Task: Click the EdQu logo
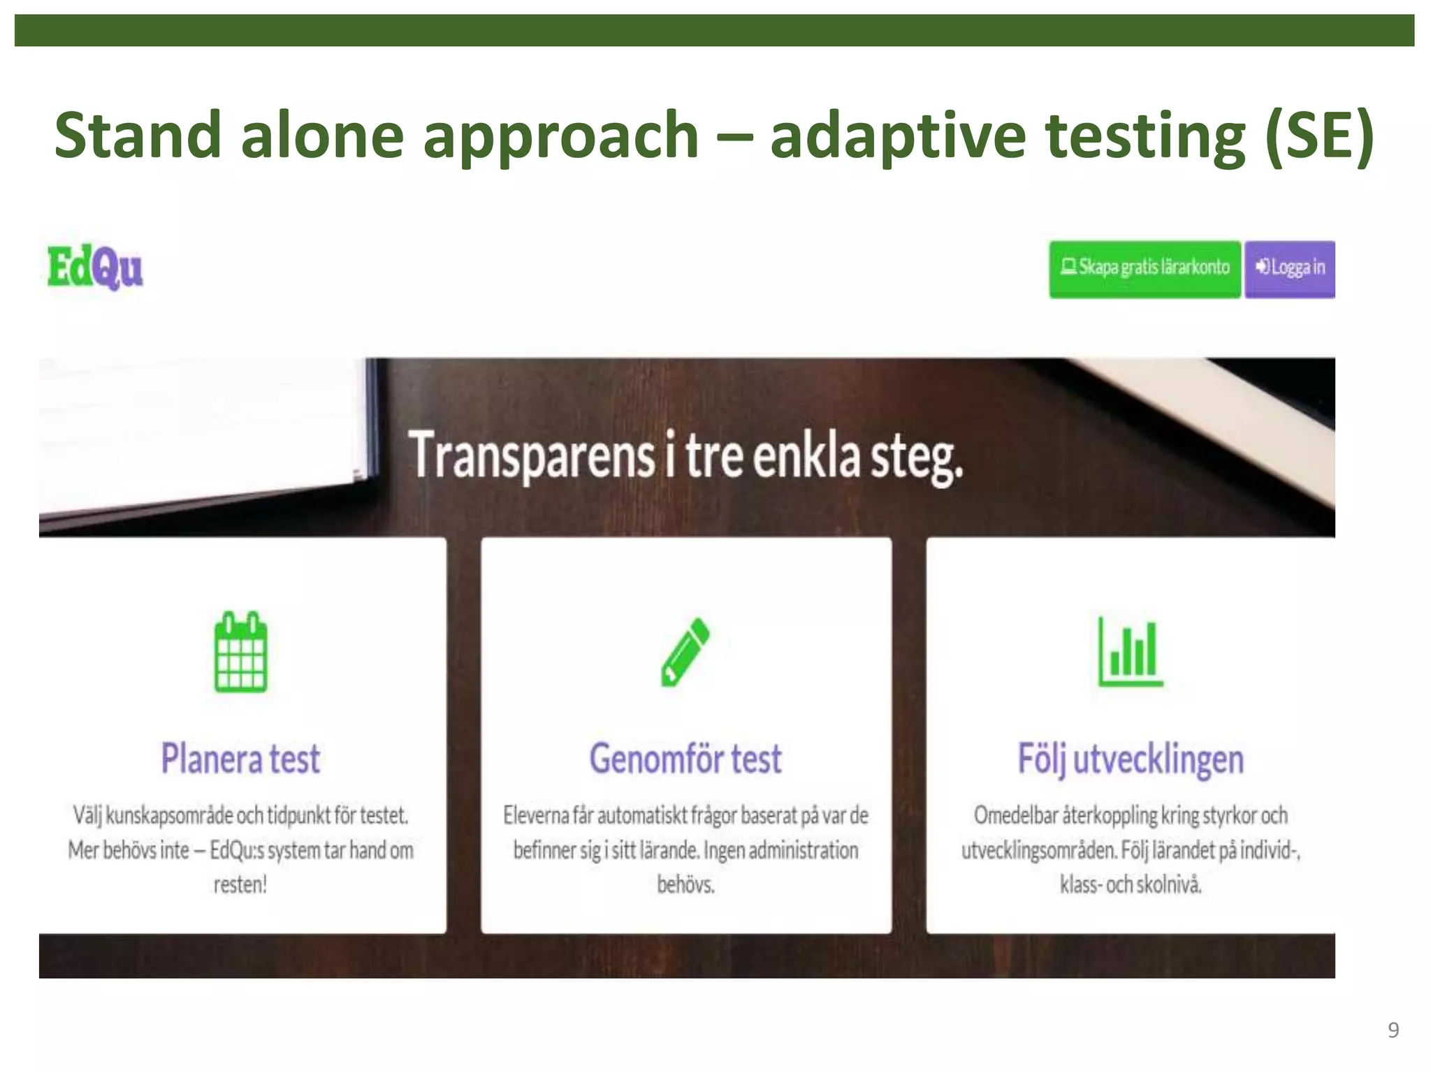click(x=95, y=268)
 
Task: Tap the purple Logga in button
click(x=1290, y=268)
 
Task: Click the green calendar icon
click(x=240, y=652)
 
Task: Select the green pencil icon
click(x=685, y=652)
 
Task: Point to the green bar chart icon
click(x=1131, y=652)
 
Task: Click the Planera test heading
click(x=240, y=759)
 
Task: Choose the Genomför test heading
click(x=685, y=759)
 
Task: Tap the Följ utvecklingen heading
click(x=1131, y=760)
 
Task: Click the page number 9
click(x=1393, y=1030)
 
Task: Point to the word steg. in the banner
click(x=916, y=458)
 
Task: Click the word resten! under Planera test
click(x=240, y=885)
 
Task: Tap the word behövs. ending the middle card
click(x=685, y=885)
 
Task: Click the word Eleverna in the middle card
click(x=535, y=815)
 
